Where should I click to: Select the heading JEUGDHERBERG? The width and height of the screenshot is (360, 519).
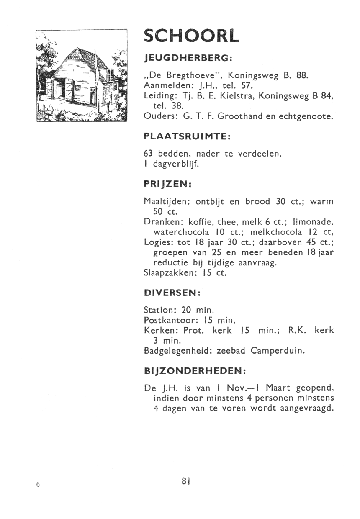[188, 57]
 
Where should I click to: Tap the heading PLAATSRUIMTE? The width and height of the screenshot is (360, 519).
[187, 136]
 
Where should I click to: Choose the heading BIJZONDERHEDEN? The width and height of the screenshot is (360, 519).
[194, 371]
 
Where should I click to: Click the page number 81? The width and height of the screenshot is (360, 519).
[186, 481]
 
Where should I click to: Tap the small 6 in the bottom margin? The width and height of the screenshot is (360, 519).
[38, 484]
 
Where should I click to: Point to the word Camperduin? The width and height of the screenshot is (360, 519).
[278, 350]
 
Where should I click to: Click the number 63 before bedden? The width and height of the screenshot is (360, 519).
[148, 154]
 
